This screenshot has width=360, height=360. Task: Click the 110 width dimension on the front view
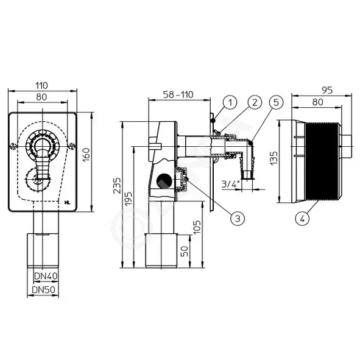41,85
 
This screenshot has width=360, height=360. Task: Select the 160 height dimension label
86,155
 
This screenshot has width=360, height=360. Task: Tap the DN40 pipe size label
46,276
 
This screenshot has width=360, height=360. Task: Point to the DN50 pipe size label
43,290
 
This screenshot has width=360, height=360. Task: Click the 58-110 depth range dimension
178,94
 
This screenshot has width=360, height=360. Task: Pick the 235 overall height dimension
117,186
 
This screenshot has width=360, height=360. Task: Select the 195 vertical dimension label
129,199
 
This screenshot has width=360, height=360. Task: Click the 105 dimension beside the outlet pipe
197,227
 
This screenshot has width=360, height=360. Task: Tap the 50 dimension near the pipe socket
185,251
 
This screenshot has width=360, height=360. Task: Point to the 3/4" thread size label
230,184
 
